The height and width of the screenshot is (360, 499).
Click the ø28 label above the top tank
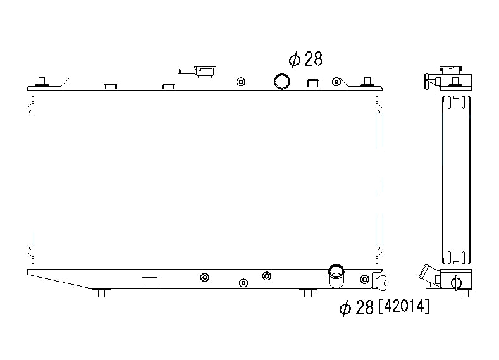pyautogui.click(x=305, y=59)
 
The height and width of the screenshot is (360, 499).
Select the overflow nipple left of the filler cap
pyautogui.click(x=185, y=71)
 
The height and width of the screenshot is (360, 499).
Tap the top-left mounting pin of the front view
pyautogui.click(x=42, y=81)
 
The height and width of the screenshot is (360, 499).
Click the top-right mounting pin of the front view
pyautogui.click(x=366, y=81)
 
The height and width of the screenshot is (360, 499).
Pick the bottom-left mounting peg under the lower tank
pyautogui.click(x=100, y=292)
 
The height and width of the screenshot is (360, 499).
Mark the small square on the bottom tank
pyautogui.click(x=149, y=283)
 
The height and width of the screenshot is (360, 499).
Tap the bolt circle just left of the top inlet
pyautogui.click(x=240, y=82)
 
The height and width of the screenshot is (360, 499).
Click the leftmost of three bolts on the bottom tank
pyautogui.click(x=204, y=277)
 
